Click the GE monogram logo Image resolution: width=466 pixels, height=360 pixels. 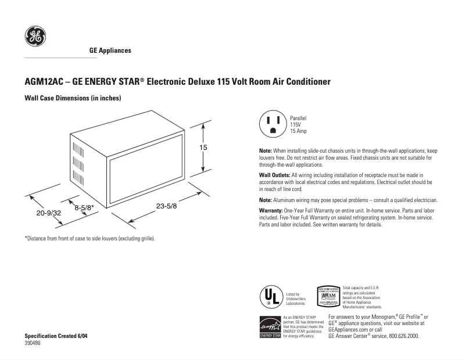[34, 38]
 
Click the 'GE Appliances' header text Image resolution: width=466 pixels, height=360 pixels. [110, 51]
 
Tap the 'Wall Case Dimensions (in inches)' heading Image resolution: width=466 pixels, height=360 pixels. [72, 98]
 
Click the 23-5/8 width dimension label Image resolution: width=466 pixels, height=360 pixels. [167, 205]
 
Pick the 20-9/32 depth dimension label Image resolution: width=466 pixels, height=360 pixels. [48, 213]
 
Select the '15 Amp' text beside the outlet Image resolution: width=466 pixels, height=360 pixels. [299, 131]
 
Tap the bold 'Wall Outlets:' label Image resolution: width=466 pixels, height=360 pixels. [274, 175]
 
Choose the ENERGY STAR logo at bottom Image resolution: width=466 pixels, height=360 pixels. [270, 327]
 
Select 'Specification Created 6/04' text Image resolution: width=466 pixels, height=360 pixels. [56, 337]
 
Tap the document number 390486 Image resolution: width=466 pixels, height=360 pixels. [33, 344]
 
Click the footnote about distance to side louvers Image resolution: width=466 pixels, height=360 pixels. [89, 239]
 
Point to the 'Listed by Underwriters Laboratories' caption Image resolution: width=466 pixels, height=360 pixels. [296, 298]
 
